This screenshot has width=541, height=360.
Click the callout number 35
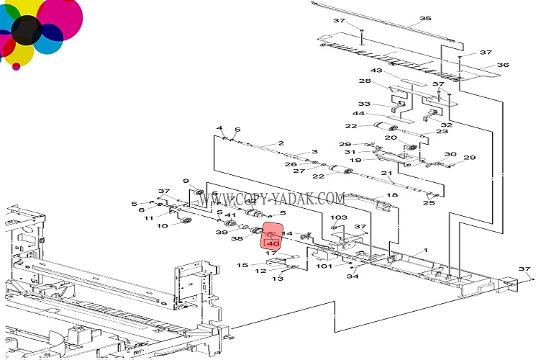click(x=425, y=18)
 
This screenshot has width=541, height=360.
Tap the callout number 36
click(x=503, y=65)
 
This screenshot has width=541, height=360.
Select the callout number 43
click(x=376, y=71)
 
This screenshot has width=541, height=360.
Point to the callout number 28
click(x=365, y=81)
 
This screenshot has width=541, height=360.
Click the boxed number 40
click(x=273, y=243)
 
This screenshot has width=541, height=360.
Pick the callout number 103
click(x=338, y=217)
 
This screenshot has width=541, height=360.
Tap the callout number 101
click(x=324, y=266)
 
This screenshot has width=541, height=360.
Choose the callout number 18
click(x=392, y=195)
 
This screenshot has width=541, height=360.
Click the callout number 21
click(x=387, y=174)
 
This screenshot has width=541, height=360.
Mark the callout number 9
click(x=186, y=181)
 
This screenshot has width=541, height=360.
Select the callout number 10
click(x=162, y=226)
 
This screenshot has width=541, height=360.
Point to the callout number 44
click(x=358, y=114)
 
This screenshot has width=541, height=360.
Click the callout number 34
click(x=353, y=276)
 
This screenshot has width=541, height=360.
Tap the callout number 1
click(x=425, y=251)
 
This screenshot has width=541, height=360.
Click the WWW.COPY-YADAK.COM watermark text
click(x=272, y=199)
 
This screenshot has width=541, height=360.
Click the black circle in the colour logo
click(x=26, y=30)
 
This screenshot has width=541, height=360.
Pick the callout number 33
click(x=364, y=104)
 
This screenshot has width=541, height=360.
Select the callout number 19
click(x=355, y=160)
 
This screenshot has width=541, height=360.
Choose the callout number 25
click(x=429, y=203)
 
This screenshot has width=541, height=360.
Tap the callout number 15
click(x=242, y=265)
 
